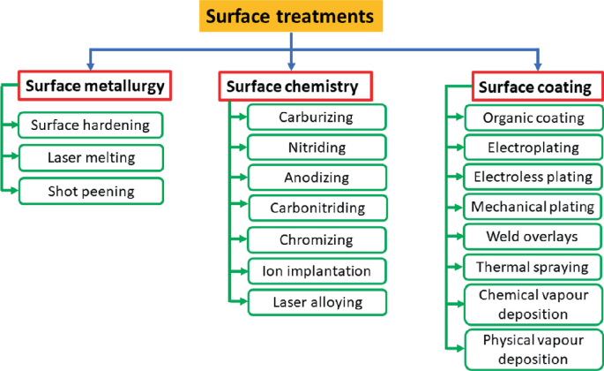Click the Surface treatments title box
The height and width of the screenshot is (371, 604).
[x=290, y=17]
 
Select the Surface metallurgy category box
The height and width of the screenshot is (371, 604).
[x=93, y=86]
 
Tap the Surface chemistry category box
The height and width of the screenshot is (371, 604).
[x=292, y=86]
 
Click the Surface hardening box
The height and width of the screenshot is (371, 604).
[x=91, y=125]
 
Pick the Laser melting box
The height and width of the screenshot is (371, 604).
[x=91, y=157]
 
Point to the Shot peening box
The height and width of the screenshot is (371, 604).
[x=91, y=190]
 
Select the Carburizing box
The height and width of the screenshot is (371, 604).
[x=317, y=117]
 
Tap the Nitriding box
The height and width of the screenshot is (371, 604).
[x=317, y=147]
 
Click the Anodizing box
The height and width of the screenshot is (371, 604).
[x=317, y=178]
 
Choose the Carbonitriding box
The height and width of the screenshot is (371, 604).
[x=317, y=208]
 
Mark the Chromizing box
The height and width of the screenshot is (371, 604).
[x=317, y=239]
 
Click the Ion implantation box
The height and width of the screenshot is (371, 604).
[x=317, y=270]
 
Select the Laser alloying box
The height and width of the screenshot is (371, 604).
[x=317, y=301]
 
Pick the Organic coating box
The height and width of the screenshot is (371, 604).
[x=533, y=117]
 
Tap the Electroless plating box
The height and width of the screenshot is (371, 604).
[x=533, y=178]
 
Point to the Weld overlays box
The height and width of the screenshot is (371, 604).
[x=533, y=237]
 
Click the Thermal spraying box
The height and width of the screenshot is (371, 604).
[x=533, y=267]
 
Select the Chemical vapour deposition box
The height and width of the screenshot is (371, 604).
[x=533, y=303]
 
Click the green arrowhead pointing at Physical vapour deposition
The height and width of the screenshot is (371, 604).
[x=460, y=348]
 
